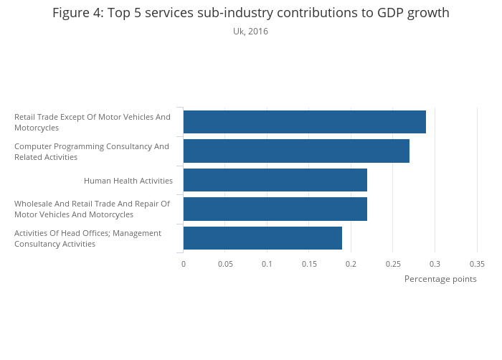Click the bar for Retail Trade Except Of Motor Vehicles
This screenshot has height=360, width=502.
304,122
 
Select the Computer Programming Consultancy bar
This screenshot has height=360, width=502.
296,151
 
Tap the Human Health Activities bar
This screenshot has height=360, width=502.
275,180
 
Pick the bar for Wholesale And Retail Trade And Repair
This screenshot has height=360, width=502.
275,209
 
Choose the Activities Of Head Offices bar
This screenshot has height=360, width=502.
262,237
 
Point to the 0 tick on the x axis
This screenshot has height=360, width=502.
184,264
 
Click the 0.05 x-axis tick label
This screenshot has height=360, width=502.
225,264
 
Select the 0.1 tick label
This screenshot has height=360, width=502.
267,264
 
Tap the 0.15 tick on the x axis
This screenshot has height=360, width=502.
309,264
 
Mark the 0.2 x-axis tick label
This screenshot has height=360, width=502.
351,264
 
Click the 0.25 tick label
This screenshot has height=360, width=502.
393,264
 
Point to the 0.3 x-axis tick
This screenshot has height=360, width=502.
435,264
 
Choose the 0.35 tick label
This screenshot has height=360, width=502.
477,264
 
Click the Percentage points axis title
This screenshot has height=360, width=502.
440,279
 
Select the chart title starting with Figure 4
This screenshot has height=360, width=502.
251,13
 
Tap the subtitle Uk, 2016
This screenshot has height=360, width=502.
250,32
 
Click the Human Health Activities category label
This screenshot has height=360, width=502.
128,181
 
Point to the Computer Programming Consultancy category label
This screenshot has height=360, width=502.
92,151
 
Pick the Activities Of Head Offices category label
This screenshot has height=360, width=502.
87,238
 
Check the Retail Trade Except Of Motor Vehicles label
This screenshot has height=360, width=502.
93,122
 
